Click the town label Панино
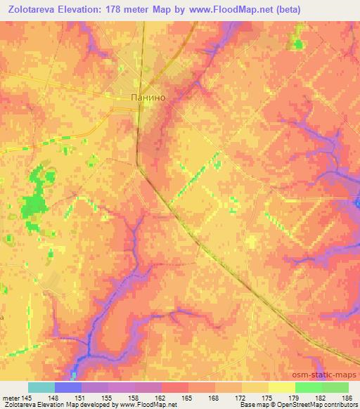coord(148,98)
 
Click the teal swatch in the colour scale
coord(41,387)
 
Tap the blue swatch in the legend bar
coord(68,387)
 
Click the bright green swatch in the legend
coord(309,387)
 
